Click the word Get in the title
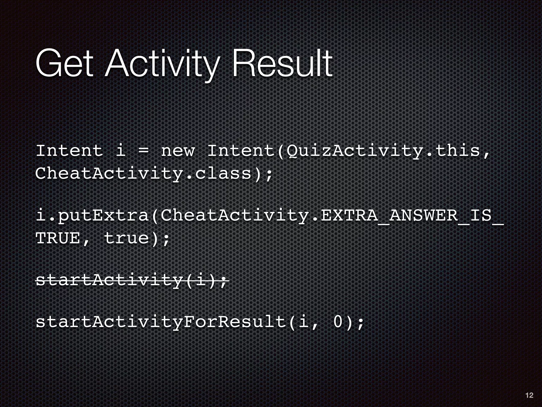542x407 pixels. tap(64, 64)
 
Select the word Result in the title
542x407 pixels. tap(282, 64)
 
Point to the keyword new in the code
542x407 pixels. tap(178, 151)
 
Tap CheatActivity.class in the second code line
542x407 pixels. tap(143, 174)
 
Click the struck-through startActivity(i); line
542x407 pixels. tap(132, 280)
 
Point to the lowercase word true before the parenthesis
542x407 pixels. tap(127, 238)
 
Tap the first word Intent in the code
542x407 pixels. tap(69, 151)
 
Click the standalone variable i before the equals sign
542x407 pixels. tap(121, 151)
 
